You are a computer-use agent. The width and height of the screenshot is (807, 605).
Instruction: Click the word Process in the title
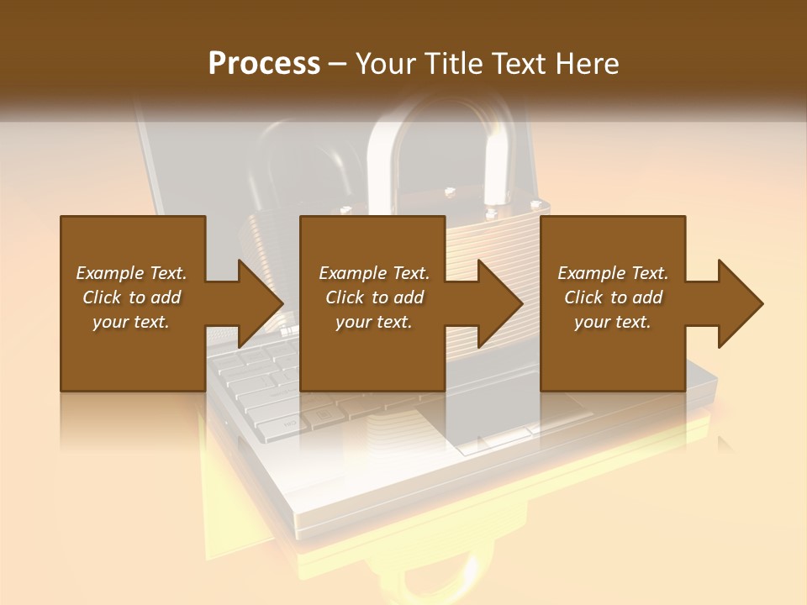pyautogui.click(x=264, y=64)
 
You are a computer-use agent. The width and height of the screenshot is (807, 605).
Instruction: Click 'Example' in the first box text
pyautogui.click(x=110, y=273)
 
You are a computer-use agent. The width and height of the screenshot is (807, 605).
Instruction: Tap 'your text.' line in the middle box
pyautogui.click(x=373, y=322)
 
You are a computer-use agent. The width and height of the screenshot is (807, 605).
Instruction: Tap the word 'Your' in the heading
pyautogui.click(x=388, y=64)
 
